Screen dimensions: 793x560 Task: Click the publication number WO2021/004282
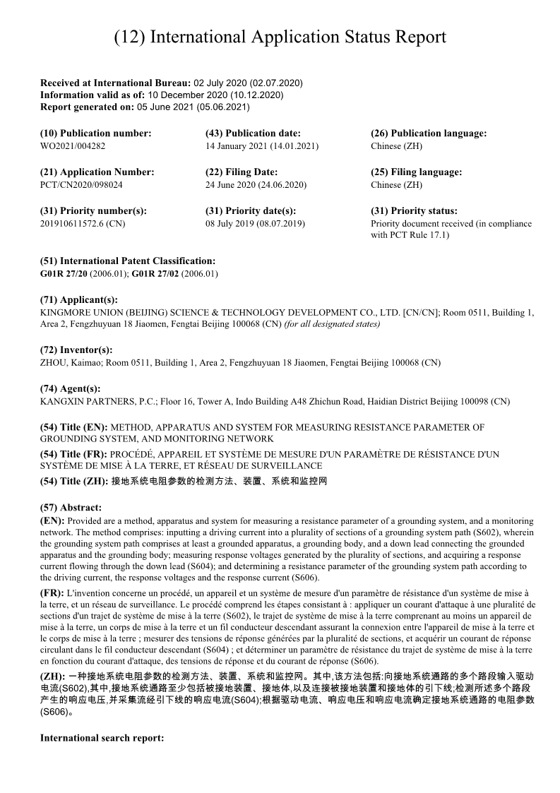pyautogui.click(x=73, y=146)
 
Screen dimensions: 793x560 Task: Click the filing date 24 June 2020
pyautogui.click(x=256, y=185)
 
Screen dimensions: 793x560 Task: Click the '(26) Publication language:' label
pyautogui.click(x=429, y=133)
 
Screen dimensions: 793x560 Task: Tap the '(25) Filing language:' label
pyautogui.click(x=416, y=172)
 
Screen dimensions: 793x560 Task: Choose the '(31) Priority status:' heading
pyautogui.click(x=414, y=211)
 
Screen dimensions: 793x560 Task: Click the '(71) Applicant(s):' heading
pyautogui.click(x=79, y=300)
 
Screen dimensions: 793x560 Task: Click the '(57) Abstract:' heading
pyautogui.click(x=71, y=507)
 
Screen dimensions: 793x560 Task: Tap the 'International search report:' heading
pyautogui.click(x=102, y=738)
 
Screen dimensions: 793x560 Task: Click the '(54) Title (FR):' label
pyautogui.click(x=74, y=454)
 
